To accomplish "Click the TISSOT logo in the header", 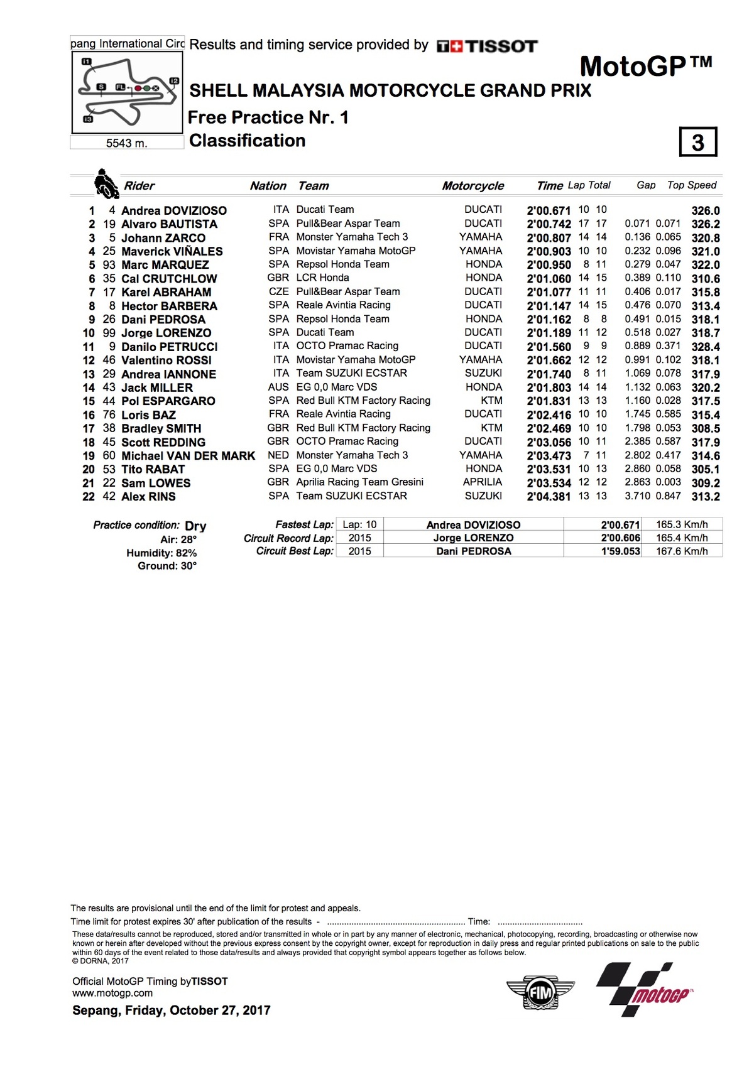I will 488,46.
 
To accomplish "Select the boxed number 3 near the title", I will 697,143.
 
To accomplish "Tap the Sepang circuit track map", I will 128,92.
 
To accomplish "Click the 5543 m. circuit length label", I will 126,143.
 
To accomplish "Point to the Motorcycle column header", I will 473,186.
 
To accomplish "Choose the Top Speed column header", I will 691,185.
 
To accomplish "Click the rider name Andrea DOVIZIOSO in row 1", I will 173,210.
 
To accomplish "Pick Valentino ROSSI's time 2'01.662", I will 549,360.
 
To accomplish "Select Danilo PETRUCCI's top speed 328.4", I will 705,347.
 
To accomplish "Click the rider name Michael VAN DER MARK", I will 188,456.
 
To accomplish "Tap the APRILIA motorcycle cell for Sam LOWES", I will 483,482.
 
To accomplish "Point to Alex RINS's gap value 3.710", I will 638,496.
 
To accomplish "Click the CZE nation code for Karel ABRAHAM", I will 278,292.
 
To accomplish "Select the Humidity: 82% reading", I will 161,553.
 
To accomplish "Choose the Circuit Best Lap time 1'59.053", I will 620,551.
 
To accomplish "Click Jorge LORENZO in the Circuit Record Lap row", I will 473,538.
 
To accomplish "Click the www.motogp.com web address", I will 112,994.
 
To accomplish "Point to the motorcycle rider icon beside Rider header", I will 106,183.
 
